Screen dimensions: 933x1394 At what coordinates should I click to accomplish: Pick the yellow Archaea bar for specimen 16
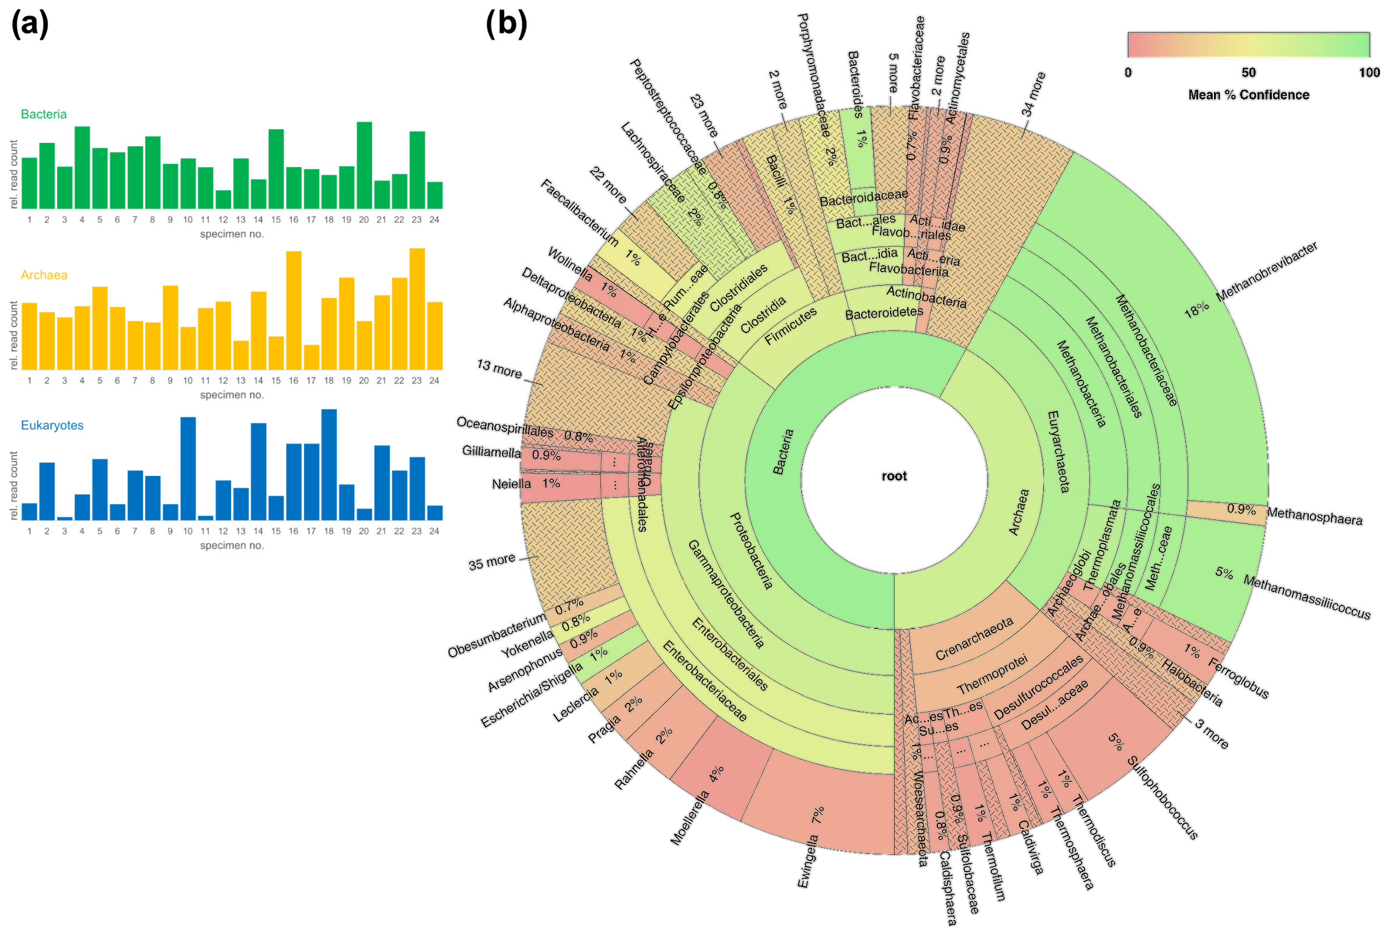294,310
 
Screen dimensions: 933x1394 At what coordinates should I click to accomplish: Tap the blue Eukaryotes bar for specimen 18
329,465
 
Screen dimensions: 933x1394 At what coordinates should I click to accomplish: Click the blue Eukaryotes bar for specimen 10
188,468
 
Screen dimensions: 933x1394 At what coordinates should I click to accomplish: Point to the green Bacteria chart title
43,114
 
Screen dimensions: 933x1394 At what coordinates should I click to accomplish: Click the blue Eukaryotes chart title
52,425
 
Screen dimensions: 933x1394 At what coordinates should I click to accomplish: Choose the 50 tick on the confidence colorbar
1248,73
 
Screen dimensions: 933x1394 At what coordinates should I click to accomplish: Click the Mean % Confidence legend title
1248,94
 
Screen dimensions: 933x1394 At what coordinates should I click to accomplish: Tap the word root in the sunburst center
894,476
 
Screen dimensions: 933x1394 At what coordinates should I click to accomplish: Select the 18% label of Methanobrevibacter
1196,309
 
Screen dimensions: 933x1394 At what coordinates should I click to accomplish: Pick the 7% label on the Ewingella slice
818,815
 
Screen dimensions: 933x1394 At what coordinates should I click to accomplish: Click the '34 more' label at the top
1033,94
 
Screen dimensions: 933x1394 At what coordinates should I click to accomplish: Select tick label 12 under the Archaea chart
223,381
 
